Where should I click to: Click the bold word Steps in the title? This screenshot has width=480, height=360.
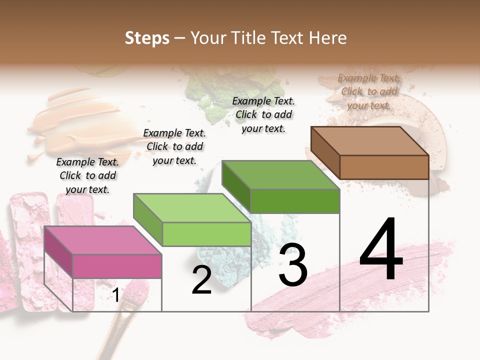[147, 38]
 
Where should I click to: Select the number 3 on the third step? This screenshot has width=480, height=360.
[292, 265]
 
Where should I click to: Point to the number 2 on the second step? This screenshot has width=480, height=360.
[201, 280]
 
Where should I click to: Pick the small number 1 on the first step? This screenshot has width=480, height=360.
[115, 295]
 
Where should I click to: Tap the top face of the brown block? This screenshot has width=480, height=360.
[369, 140]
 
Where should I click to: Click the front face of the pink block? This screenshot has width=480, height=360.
[117, 266]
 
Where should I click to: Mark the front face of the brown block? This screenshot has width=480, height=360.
[384, 167]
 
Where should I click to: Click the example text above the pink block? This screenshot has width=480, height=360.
[87, 175]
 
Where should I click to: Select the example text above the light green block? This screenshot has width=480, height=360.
[174, 146]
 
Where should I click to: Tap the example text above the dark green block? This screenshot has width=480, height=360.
[263, 114]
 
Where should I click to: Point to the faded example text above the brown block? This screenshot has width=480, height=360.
[369, 91]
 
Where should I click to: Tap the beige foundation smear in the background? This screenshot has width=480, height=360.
[75, 120]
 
